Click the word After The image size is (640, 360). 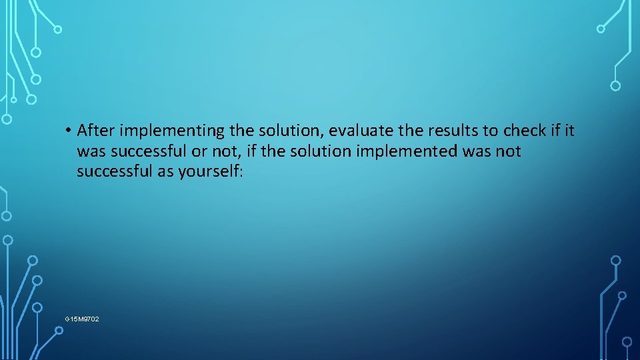tap(97, 129)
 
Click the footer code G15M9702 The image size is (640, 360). tap(82, 319)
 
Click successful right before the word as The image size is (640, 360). tap(113, 172)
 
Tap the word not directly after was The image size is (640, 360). tap(508, 151)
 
